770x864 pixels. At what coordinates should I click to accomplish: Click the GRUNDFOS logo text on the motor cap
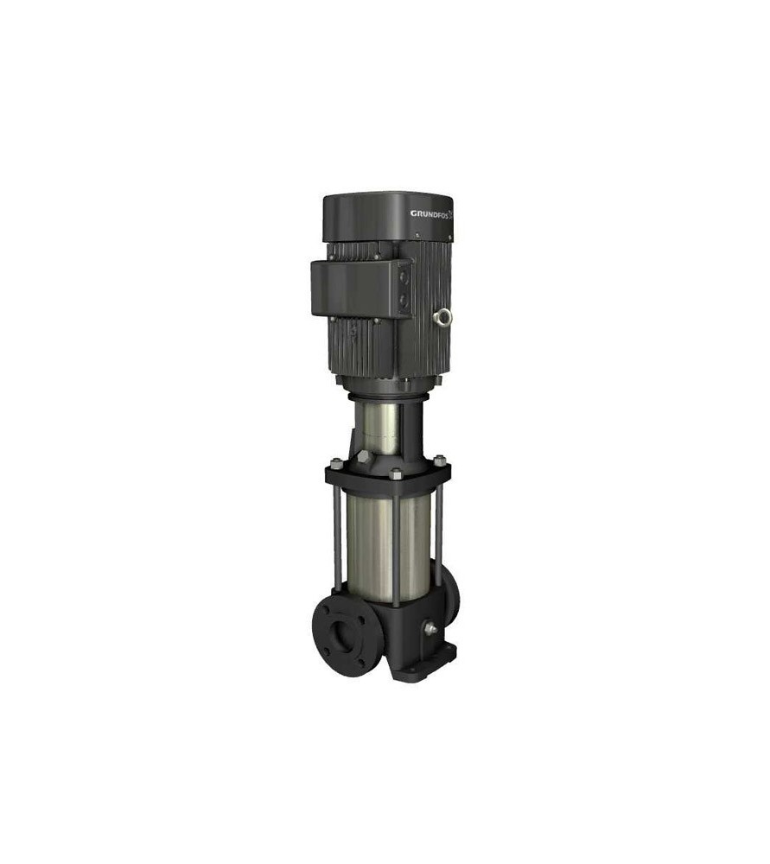click(432, 213)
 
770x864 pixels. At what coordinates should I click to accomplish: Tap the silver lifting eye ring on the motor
click(444, 317)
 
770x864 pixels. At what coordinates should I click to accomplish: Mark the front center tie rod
click(396, 544)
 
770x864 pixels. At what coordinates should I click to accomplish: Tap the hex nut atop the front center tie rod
click(396, 473)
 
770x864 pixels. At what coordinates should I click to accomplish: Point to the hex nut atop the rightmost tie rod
click(439, 460)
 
